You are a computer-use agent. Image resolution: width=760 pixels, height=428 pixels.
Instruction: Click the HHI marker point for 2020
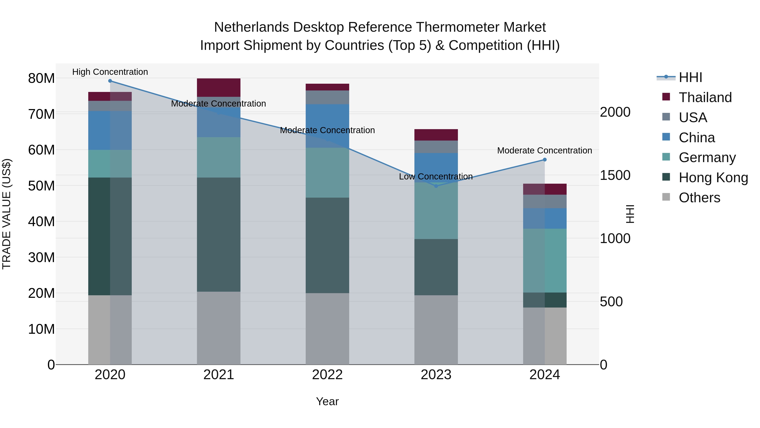110,81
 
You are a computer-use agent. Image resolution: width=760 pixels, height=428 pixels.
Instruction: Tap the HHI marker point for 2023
436,186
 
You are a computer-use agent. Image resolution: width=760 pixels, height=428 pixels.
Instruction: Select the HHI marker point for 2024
545,160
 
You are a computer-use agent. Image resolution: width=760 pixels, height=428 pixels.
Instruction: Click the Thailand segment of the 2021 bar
219,88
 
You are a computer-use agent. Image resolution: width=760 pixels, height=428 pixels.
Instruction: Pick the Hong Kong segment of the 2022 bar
327,245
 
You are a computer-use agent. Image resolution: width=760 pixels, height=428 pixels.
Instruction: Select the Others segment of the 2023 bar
436,330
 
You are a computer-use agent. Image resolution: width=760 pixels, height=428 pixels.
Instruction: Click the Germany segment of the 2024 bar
545,261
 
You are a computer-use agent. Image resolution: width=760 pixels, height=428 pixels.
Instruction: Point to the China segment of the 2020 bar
110,130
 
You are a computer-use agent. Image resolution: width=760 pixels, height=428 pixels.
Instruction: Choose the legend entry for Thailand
705,97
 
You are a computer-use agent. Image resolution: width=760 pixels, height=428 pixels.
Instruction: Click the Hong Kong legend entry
713,178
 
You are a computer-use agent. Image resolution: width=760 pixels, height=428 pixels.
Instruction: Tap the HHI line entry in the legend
690,77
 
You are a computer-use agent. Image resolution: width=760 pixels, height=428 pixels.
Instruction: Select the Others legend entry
699,198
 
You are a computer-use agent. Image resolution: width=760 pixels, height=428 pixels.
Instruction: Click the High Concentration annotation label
110,72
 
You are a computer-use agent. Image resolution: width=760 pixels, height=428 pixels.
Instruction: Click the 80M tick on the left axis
41,79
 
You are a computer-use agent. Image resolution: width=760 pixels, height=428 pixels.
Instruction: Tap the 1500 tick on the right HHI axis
615,175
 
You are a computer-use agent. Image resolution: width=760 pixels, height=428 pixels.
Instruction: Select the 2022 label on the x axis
327,375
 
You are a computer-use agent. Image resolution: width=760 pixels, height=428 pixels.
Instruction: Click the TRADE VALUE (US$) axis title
7,214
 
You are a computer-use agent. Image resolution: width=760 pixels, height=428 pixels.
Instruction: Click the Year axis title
327,401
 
